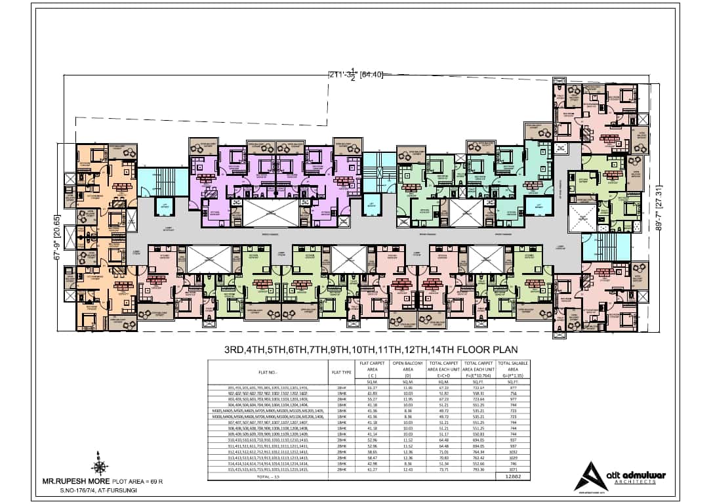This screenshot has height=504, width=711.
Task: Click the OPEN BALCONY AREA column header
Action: click(x=407, y=369)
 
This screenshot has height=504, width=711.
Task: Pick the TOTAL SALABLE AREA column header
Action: click(x=513, y=369)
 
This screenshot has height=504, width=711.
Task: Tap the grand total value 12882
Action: click(x=513, y=477)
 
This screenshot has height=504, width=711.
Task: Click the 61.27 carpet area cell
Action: click(x=371, y=471)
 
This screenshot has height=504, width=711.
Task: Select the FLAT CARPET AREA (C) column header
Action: click(x=371, y=369)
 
